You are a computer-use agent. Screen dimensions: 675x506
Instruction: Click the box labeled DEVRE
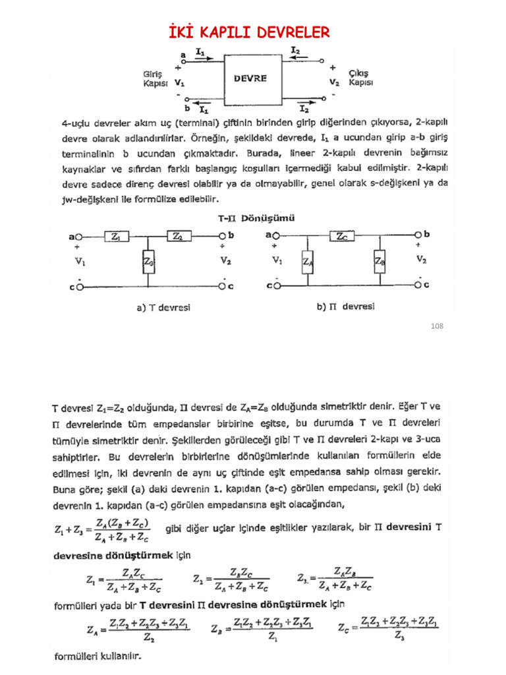click(x=250, y=78)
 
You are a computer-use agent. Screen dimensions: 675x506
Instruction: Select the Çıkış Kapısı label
click(x=360, y=78)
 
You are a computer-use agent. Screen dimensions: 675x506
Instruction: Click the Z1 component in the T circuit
click(x=116, y=235)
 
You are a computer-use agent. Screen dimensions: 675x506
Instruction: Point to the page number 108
click(x=437, y=326)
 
